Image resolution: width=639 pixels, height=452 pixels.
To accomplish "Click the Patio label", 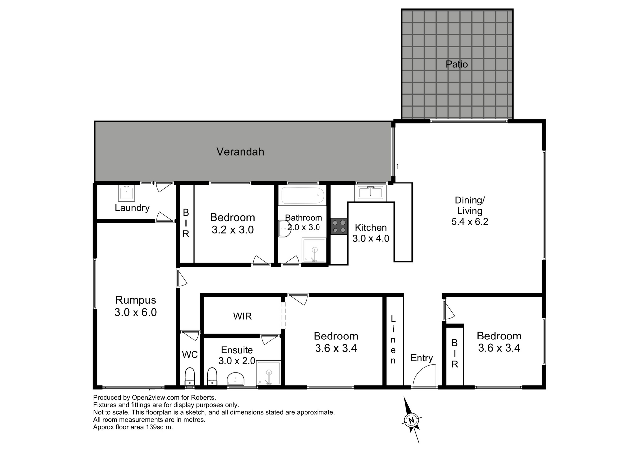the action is click(457, 64).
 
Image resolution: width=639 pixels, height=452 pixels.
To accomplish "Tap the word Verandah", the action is click(240, 152).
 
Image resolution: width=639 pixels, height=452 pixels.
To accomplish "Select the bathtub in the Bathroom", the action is click(303, 195).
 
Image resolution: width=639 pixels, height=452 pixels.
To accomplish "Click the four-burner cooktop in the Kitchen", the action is click(339, 226).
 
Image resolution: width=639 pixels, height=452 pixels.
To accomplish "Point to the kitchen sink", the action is click(370, 193).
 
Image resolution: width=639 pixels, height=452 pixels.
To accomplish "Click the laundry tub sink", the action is click(127, 193).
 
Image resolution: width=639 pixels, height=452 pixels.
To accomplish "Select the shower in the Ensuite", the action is click(268, 373).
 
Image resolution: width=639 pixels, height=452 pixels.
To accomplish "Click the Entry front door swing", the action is click(424, 375).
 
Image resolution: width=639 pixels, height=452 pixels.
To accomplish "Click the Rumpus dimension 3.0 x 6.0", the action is click(135, 312).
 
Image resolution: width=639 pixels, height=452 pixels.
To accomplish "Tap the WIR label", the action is click(242, 316).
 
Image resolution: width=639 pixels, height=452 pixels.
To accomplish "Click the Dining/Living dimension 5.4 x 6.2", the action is click(470, 222).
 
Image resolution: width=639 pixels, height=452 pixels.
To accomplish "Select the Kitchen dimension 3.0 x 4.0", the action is click(371, 238).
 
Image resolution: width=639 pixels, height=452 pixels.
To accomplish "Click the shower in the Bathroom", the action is click(314, 250).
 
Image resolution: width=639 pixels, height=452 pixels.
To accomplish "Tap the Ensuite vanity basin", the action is click(236, 380).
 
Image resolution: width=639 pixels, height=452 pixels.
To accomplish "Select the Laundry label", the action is click(132, 208).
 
